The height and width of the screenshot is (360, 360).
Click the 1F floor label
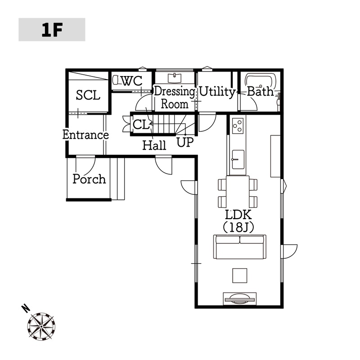(x=52, y=30)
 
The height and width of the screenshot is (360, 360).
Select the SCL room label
(x=88, y=95)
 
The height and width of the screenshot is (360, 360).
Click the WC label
(x=132, y=81)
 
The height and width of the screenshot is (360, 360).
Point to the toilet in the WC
(x=116, y=81)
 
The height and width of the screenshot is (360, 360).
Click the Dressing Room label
(x=175, y=98)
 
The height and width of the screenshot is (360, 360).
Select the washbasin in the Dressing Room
(x=173, y=78)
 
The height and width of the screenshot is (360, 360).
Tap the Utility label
(x=217, y=92)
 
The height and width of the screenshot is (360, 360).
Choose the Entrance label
(x=85, y=135)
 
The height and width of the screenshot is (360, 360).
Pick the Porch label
(x=90, y=179)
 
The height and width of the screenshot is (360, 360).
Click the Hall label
(x=154, y=145)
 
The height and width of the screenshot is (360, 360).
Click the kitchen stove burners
(x=238, y=125)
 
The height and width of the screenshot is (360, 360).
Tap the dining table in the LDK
(x=238, y=192)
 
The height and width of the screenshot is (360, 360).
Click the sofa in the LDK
(x=240, y=247)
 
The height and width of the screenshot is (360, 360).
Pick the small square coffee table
(x=240, y=274)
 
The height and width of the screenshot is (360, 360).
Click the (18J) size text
(x=238, y=227)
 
